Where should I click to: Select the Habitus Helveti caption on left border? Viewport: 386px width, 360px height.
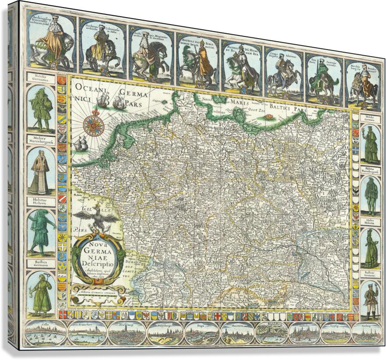41,202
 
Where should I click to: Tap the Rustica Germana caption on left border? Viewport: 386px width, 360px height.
41,264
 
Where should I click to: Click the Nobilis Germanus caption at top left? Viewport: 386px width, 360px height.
41,78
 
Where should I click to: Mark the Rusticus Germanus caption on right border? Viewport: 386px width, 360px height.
371,274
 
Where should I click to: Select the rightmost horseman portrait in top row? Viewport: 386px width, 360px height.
362,84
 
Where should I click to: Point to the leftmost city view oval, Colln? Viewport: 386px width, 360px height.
46,333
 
